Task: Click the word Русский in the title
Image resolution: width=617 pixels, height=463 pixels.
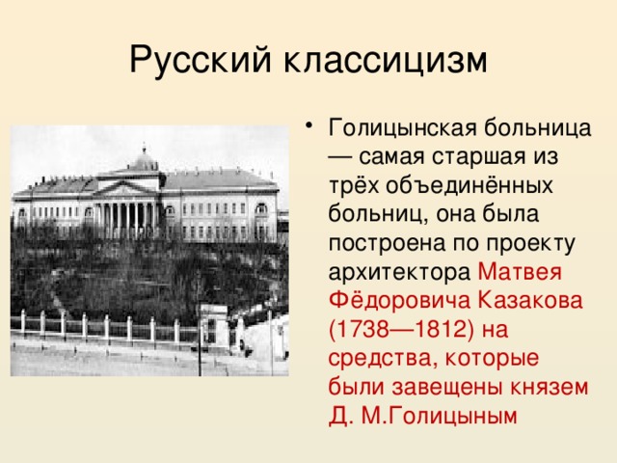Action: click(201, 59)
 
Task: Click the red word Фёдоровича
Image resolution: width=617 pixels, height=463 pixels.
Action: click(387, 300)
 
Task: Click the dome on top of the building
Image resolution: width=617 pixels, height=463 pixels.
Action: click(145, 159)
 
